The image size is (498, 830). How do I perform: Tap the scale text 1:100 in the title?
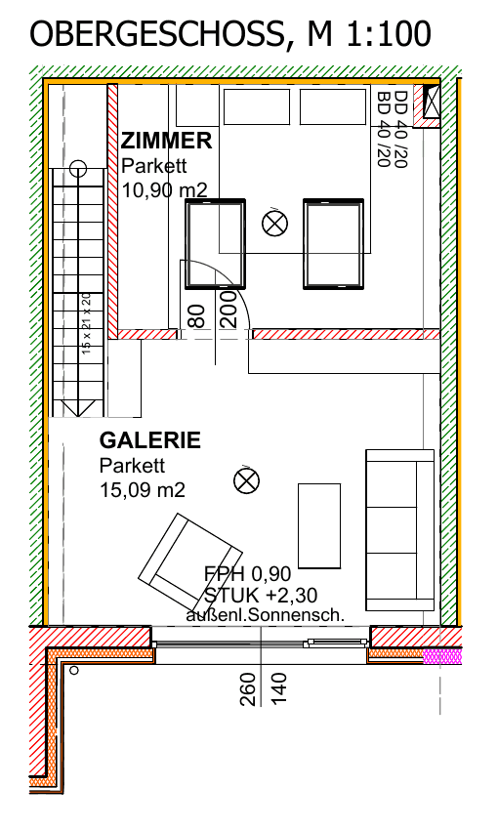point(389,34)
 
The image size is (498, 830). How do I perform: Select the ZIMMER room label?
point(167,141)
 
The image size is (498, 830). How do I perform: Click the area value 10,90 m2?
point(165,189)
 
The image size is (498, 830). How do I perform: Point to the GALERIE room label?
point(150,440)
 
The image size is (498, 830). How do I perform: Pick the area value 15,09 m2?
point(143,489)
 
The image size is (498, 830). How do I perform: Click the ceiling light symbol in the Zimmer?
point(274,223)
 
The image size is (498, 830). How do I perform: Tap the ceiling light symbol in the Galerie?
point(247,481)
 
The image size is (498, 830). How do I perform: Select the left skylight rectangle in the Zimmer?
point(216,244)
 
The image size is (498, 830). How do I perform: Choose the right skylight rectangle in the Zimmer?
point(333,244)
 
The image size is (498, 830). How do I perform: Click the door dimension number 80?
point(196,316)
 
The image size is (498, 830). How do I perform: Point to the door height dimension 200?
point(228,310)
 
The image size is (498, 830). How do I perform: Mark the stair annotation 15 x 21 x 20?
point(87,323)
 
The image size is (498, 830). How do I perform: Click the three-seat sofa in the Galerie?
point(400,530)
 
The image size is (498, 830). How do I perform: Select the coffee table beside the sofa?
point(319,525)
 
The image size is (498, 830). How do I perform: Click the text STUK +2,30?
point(261,595)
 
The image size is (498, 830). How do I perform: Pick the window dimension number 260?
point(248,689)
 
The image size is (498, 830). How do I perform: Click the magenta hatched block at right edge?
point(442,656)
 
